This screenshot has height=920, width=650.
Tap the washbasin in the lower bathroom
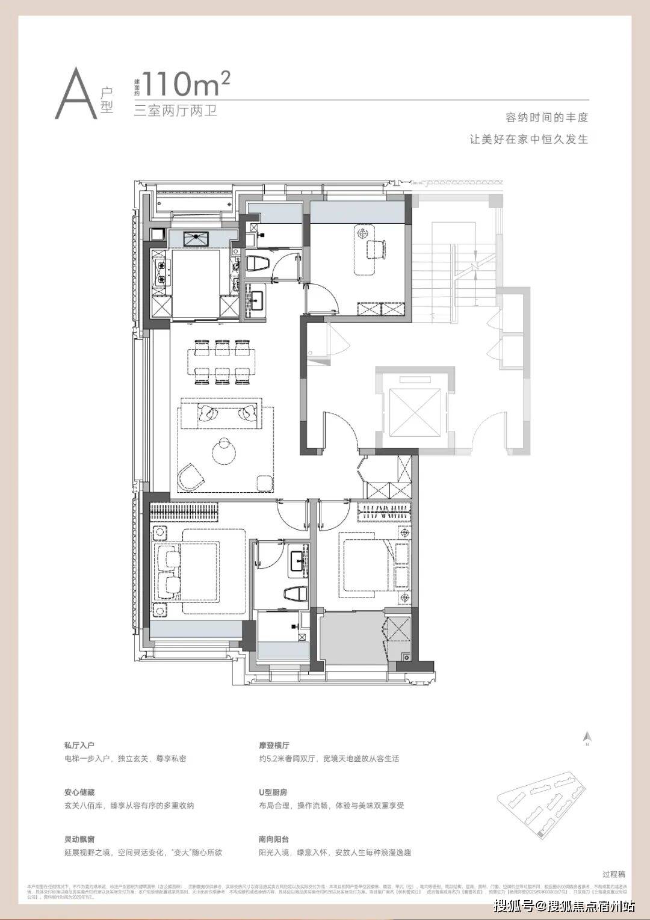click(297, 560)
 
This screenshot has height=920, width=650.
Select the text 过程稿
click(613, 874)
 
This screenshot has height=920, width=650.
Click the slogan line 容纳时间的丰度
click(546, 118)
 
